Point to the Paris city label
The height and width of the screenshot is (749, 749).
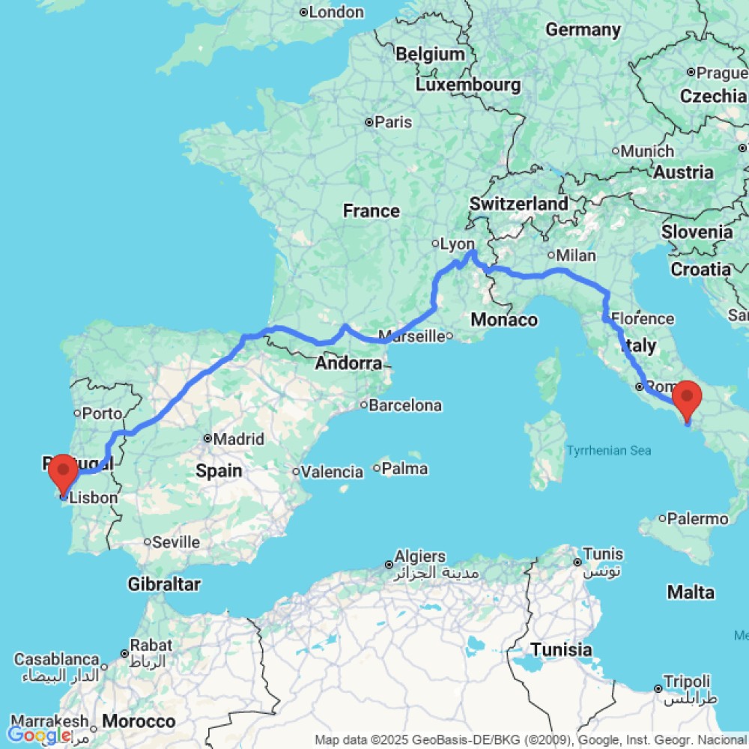coord(393,122)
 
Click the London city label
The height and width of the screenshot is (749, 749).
coord(336,12)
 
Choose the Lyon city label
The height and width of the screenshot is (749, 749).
coord(457,244)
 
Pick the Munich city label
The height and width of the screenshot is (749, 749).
coord(647,151)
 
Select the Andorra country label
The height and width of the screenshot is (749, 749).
coord(348,364)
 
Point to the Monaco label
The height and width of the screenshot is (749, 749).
coord(504,320)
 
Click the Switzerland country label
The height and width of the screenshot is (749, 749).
coord(518,204)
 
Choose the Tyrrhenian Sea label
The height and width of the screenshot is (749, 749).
coord(608,450)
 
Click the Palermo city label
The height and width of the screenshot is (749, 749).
coord(698,519)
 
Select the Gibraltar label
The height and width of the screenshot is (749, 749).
coord(163,583)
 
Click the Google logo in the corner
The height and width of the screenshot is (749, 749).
coord(37,735)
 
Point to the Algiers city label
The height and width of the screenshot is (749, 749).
coord(423,557)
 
